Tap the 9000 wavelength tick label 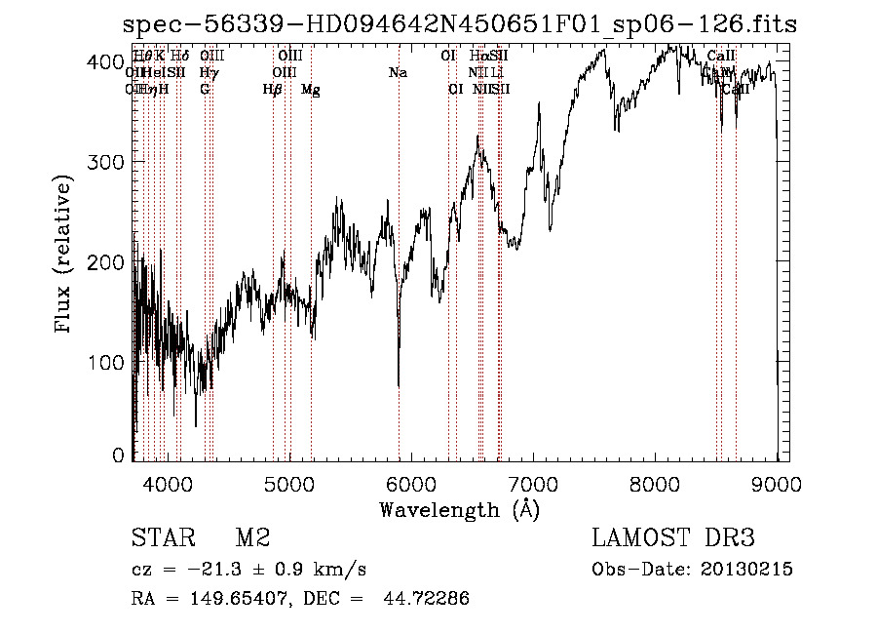pos(777,483)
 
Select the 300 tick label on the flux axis pos(111,161)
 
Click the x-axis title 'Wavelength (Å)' pos(459,509)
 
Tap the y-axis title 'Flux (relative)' pos(64,257)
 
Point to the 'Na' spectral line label pos(397,73)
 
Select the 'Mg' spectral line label pos(310,90)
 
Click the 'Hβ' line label pos(272,90)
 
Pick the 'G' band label pos(205,90)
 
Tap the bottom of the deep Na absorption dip pos(399,385)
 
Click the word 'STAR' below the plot pos(160,538)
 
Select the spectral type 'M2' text pos(251,538)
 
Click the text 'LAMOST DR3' pos(673,538)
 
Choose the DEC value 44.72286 pos(429,599)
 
